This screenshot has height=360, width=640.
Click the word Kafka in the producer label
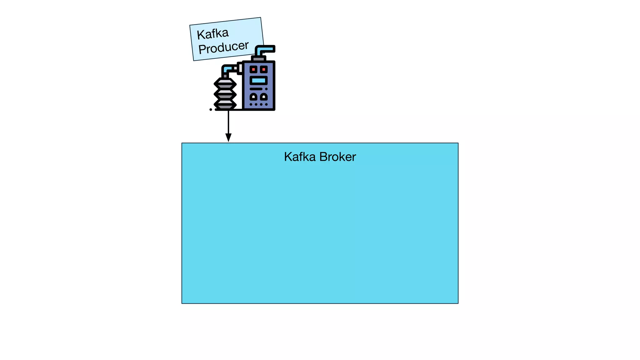[x=213, y=34]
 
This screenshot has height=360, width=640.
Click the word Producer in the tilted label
[x=223, y=47]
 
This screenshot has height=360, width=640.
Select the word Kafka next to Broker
[x=300, y=157]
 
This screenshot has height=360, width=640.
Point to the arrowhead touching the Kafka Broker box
[x=228, y=137]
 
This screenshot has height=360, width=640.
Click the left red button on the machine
[x=253, y=69]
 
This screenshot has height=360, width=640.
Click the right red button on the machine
[x=264, y=69]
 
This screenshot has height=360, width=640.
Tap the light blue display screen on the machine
[x=258, y=81]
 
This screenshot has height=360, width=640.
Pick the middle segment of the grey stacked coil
[x=225, y=94]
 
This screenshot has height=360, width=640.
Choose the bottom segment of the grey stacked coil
[x=225, y=104]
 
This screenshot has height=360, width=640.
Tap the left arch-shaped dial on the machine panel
[x=253, y=97]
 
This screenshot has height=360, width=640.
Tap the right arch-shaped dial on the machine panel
[x=264, y=97]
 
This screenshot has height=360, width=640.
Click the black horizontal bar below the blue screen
[x=256, y=89]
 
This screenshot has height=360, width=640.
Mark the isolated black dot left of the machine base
[x=211, y=109]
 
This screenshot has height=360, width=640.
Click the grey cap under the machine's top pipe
[x=258, y=59]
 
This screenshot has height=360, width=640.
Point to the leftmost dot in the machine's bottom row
[x=251, y=104]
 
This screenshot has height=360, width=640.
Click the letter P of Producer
[x=202, y=49]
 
